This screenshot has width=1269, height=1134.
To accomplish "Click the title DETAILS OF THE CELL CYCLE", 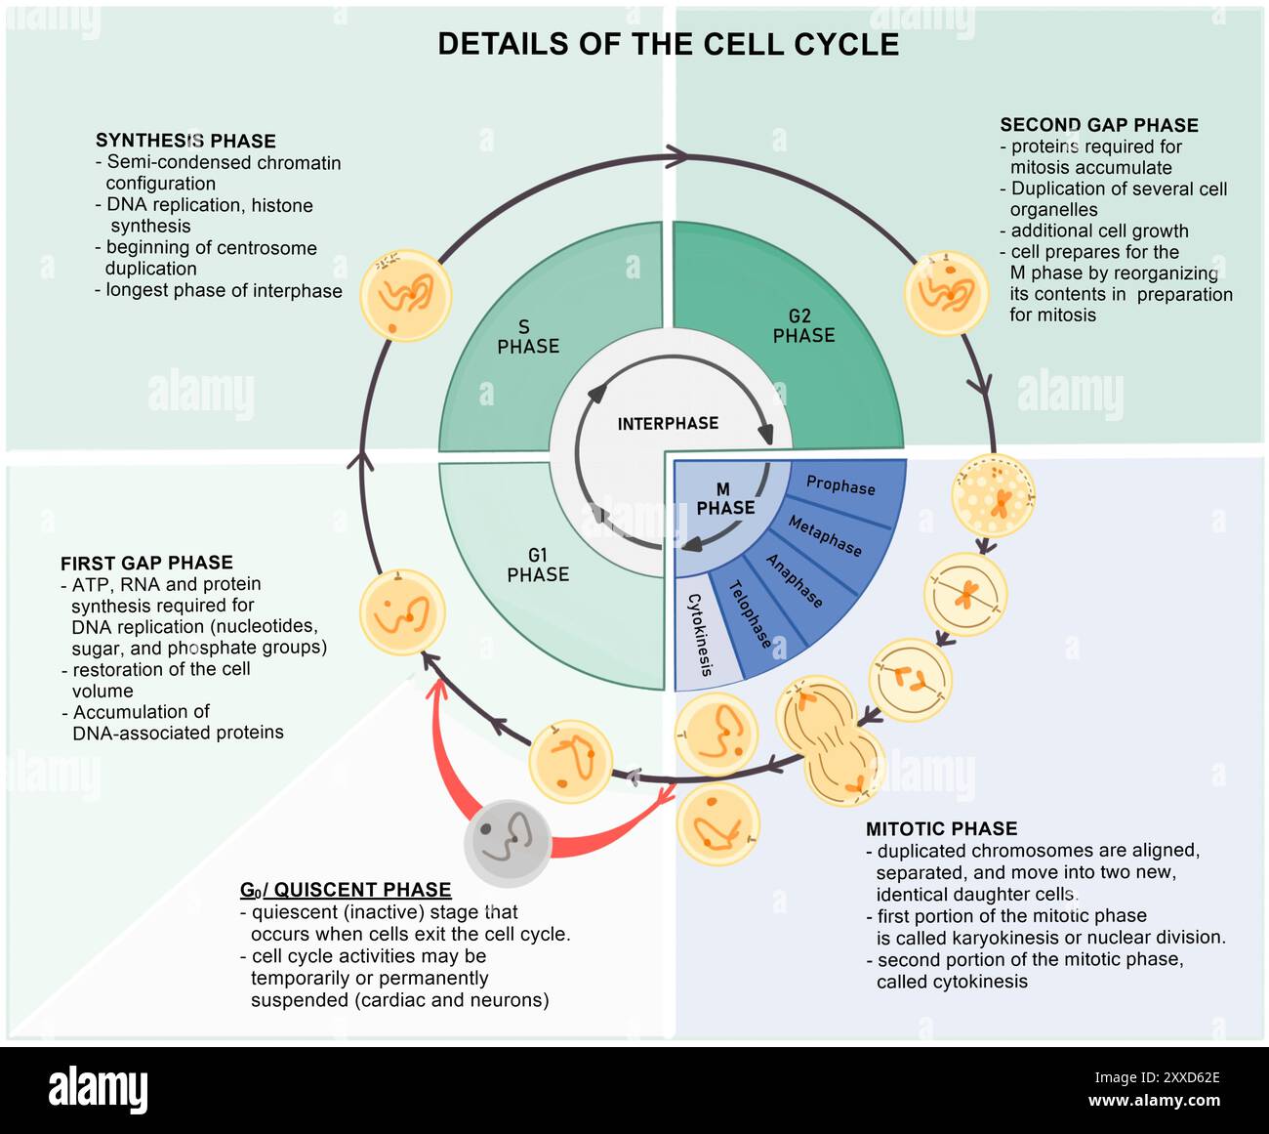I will [668, 45].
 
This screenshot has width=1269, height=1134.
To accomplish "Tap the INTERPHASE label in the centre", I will [668, 423].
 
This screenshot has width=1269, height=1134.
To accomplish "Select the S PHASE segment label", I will [528, 336].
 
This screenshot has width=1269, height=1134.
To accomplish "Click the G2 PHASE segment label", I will [803, 325].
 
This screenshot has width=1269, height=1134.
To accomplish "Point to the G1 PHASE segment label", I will [538, 565].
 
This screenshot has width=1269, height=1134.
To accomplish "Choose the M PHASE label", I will [725, 498].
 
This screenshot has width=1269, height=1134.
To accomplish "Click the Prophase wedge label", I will [840, 485].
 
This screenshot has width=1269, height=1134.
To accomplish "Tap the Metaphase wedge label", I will [825, 536].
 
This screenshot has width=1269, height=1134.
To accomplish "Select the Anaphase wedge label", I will [794, 580].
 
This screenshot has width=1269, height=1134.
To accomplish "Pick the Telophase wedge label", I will [751, 613].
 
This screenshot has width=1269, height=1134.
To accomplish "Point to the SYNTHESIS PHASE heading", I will [185, 141].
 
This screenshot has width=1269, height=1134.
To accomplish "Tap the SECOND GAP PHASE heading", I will [1099, 125].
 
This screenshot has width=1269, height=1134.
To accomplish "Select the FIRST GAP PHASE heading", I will [146, 563].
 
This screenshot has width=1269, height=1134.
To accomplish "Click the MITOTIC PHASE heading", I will [941, 828].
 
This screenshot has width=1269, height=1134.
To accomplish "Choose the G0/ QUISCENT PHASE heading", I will [346, 890].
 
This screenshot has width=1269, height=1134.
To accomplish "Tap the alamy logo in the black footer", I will [99, 1087].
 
